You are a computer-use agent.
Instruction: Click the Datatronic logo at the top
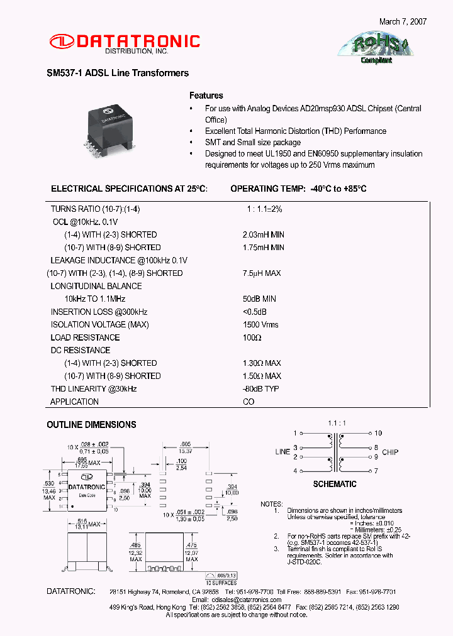click(124, 43)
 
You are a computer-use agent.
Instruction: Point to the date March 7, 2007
click(403, 21)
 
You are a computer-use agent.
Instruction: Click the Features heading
click(206, 96)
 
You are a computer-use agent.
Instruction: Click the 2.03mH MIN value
click(263, 234)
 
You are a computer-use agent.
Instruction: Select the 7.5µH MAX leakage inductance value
click(262, 273)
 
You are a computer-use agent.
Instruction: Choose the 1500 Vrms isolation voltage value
click(260, 325)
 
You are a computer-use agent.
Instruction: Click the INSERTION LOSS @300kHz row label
click(99, 312)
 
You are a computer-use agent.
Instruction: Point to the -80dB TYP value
click(260, 389)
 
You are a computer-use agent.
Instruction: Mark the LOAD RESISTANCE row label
click(85, 337)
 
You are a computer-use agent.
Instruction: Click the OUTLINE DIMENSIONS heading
click(91, 425)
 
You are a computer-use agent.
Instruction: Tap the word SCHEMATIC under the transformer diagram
click(335, 485)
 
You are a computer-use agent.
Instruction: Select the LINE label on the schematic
click(282, 452)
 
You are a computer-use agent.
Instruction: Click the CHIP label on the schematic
click(390, 452)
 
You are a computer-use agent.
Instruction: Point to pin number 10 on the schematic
click(378, 433)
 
